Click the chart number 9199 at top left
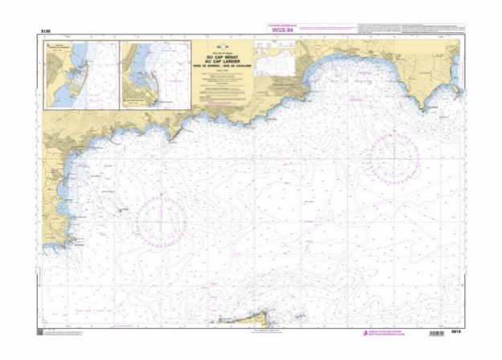[45, 31]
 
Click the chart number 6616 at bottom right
[456, 333]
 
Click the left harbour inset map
[81, 75]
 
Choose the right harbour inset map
[154, 75]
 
